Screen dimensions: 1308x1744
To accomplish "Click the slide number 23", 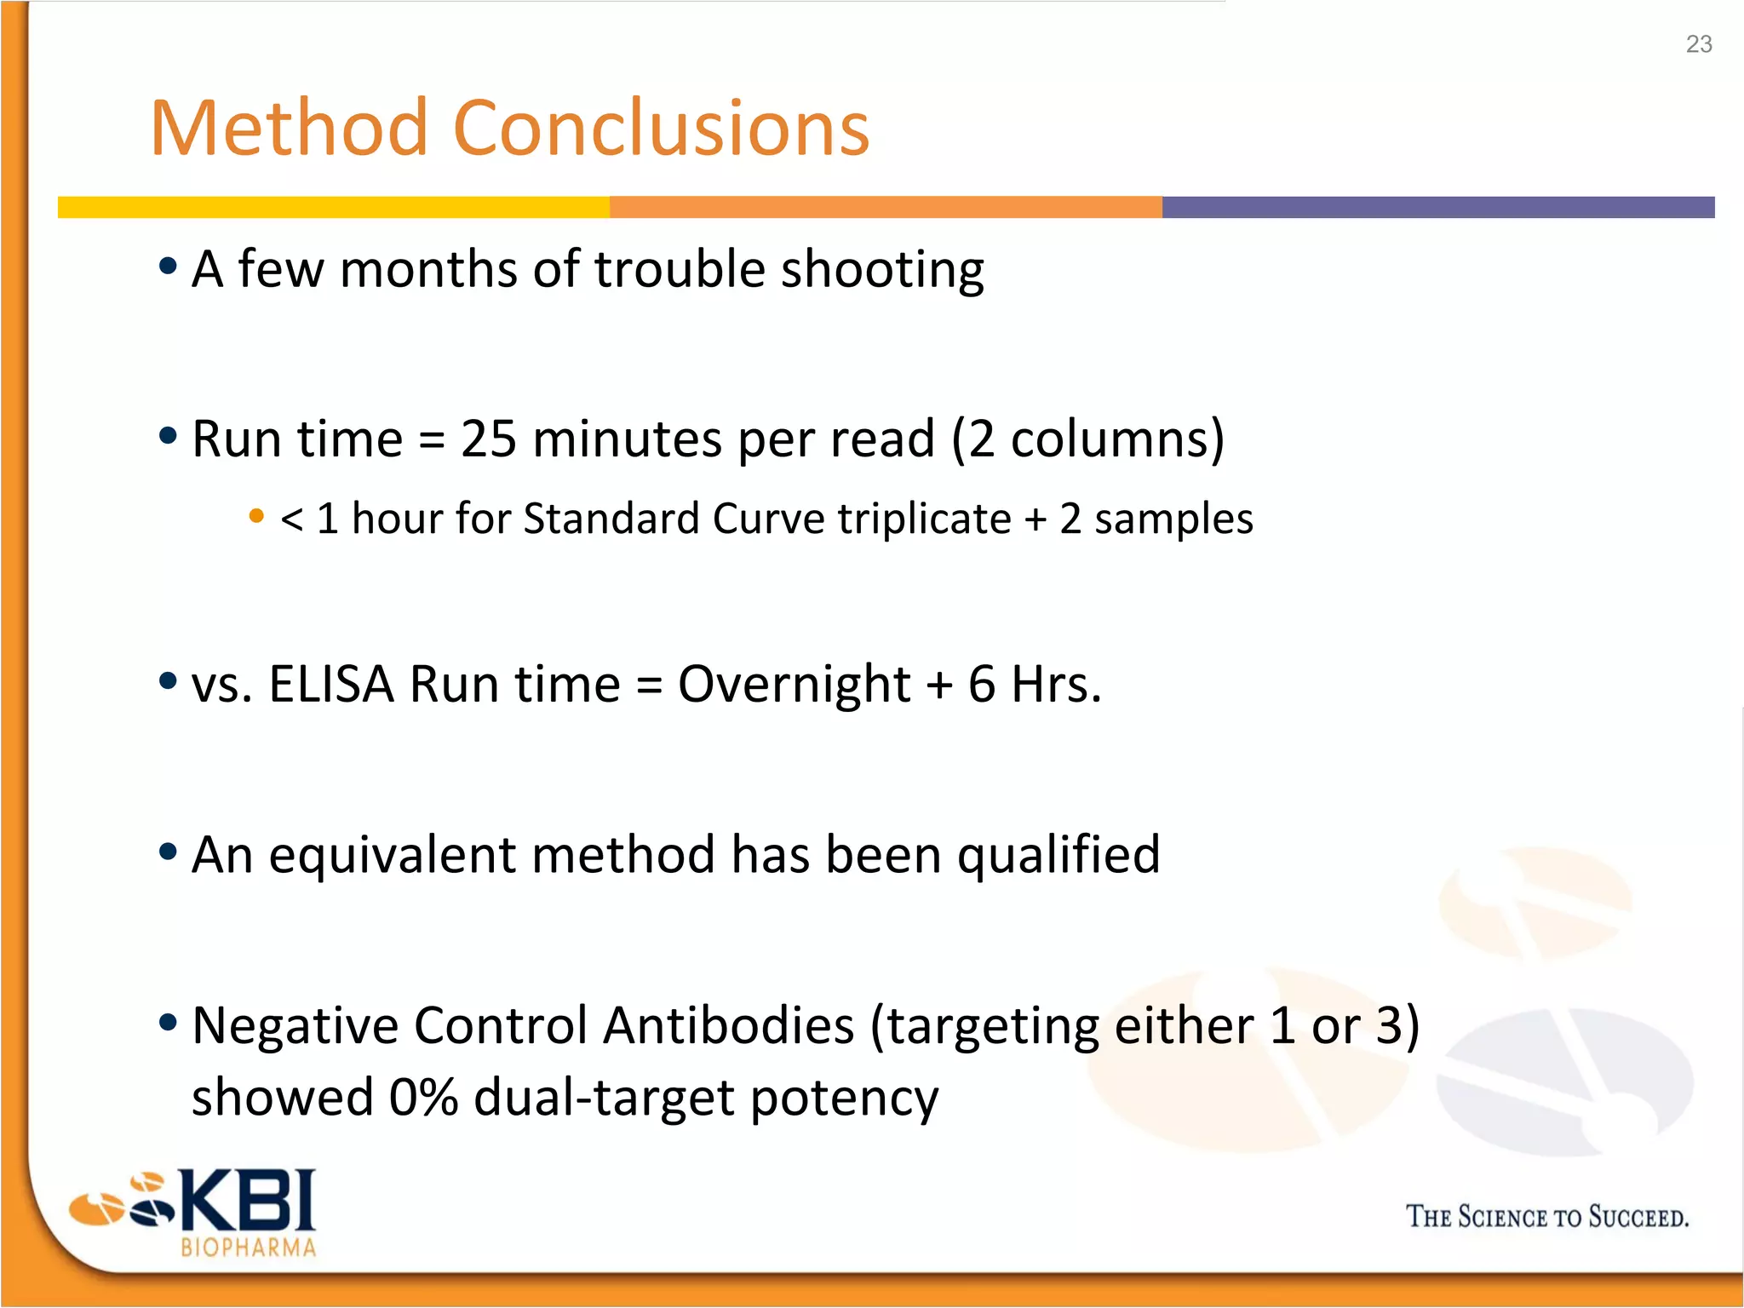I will pyautogui.click(x=1698, y=44).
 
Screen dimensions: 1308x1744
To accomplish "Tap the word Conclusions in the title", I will pyautogui.click(x=662, y=129).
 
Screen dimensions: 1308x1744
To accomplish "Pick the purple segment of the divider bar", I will pyautogui.click(x=1437, y=207).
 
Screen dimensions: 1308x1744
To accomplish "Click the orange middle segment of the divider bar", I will pyautogui.click(x=886, y=207).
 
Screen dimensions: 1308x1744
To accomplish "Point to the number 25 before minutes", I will pyautogui.click(x=488, y=439).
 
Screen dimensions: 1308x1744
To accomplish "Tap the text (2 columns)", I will pyautogui.click(x=1087, y=439).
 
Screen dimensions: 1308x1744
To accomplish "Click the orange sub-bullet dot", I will pyautogui.click(x=256, y=515).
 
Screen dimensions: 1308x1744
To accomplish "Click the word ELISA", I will pyautogui.click(x=331, y=684).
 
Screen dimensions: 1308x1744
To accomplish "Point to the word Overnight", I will pyautogui.click(x=794, y=684).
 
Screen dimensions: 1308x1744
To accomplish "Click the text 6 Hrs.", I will pyautogui.click(x=1034, y=684).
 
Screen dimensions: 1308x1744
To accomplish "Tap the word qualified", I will pyautogui.click(x=1058, y=854).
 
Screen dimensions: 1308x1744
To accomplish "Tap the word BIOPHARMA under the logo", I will pyautogui.click(x=248, y=1248).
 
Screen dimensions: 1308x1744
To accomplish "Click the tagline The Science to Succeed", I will pyautogui.click(x=1546, y=1217).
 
